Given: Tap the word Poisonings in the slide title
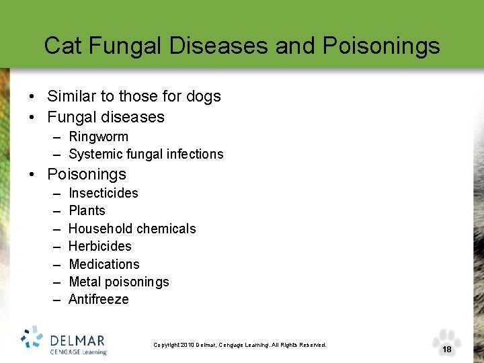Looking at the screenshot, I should click(x=381, y=46).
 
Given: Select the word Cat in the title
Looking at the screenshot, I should click(x=63, y=46).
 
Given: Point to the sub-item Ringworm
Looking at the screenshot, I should click(x=98, y=136).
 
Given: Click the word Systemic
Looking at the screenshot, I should click(x=95, y=154).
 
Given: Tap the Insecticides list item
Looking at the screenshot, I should click(x=103, y=193).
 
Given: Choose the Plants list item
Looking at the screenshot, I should click(x=87, y=210).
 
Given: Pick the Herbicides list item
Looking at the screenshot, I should click(x=99, y=246).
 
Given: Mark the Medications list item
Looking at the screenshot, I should click(x=104, y=264).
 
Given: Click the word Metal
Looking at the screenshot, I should click(x=85, y=282).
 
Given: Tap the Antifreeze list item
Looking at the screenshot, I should click(x=98, y=299).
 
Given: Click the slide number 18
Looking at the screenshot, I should click(x=447, y=350).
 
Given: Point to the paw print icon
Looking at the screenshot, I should click(x=447, y=340).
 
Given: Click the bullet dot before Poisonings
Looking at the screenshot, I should click(x=32, y=175).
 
